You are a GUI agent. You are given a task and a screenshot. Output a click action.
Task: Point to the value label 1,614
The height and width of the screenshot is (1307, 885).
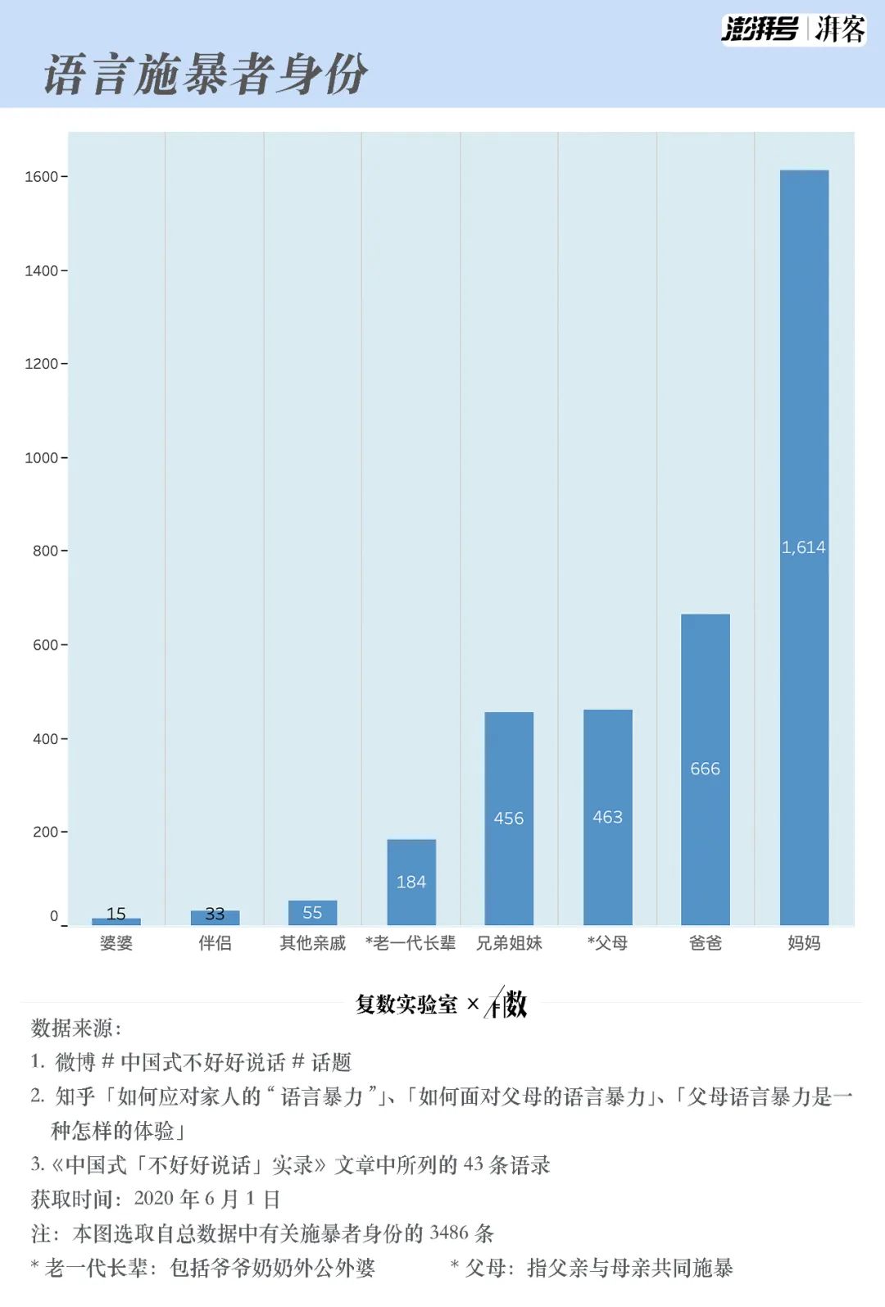click(803, 547)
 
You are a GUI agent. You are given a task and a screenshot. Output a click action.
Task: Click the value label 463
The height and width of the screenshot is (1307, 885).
click(607, 817)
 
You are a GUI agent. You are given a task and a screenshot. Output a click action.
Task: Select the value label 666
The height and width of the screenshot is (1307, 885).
click(705, 769)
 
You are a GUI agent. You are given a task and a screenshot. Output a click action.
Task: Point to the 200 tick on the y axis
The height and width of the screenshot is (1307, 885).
click(45, 833)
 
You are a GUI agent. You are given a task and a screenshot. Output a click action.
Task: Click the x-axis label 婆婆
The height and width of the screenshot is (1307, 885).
click(116, 943)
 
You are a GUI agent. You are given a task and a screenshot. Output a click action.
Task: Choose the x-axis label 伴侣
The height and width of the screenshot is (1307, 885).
click(215, 943)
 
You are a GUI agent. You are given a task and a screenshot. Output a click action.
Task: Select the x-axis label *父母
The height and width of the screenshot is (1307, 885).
click(607, 943)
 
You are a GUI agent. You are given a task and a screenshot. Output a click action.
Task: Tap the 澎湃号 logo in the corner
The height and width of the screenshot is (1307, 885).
click(760, 29)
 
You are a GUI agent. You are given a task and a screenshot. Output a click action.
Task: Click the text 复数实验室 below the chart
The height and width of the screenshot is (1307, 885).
click(406, 1005)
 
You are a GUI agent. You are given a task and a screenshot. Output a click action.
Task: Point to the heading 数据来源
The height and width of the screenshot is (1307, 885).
click(75, 1028)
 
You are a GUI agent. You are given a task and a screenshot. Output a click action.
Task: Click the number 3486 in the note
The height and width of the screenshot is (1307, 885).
click(449, 1233)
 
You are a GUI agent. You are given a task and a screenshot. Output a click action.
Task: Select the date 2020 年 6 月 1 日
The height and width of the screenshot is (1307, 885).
click(207, 1199)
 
